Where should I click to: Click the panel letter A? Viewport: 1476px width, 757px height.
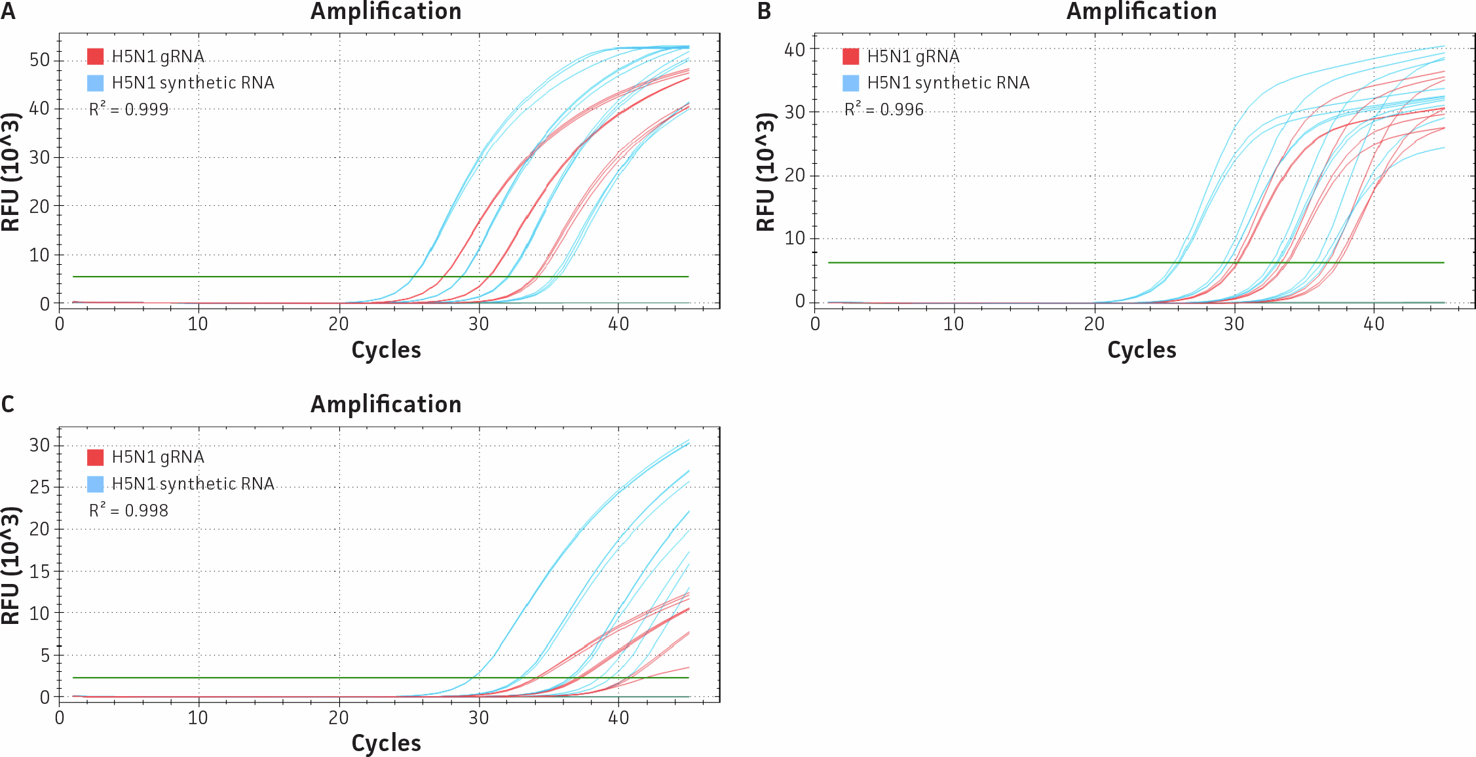tap(8, 11)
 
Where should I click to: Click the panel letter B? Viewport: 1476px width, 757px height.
tap(764, 11)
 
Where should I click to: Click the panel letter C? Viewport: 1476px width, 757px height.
tap(8, 404)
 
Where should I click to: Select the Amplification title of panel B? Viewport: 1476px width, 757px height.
tap(1141, 11)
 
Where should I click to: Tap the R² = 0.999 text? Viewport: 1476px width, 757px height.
tap(128, 109)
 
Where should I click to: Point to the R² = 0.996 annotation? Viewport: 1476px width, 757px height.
tap(884, 109)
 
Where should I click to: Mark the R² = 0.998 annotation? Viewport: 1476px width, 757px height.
tap(128, 510)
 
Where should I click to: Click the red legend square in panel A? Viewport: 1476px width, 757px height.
tap(96, 56)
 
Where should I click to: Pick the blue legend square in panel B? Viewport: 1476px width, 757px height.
tap(851, 83)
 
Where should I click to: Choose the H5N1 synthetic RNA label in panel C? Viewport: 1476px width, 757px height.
tap(193, 484)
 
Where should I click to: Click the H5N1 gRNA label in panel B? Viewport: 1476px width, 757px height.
tap(913, 56)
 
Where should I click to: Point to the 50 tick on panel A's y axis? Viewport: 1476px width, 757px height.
tap(39, 60)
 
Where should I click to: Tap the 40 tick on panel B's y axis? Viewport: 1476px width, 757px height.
tap(795, 50)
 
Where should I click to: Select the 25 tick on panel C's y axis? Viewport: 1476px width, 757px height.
tap(39, 487)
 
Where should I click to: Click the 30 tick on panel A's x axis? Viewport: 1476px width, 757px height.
tap(478, 324)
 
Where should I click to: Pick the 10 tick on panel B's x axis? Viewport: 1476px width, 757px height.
tap(953, 324)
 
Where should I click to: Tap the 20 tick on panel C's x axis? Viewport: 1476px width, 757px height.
tap(339, 718)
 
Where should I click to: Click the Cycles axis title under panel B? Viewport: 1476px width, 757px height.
tap(1141, 350)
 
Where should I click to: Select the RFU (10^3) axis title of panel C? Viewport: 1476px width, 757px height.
tap(10, 565)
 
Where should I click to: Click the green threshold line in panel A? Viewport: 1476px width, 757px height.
tap(262, 277)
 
